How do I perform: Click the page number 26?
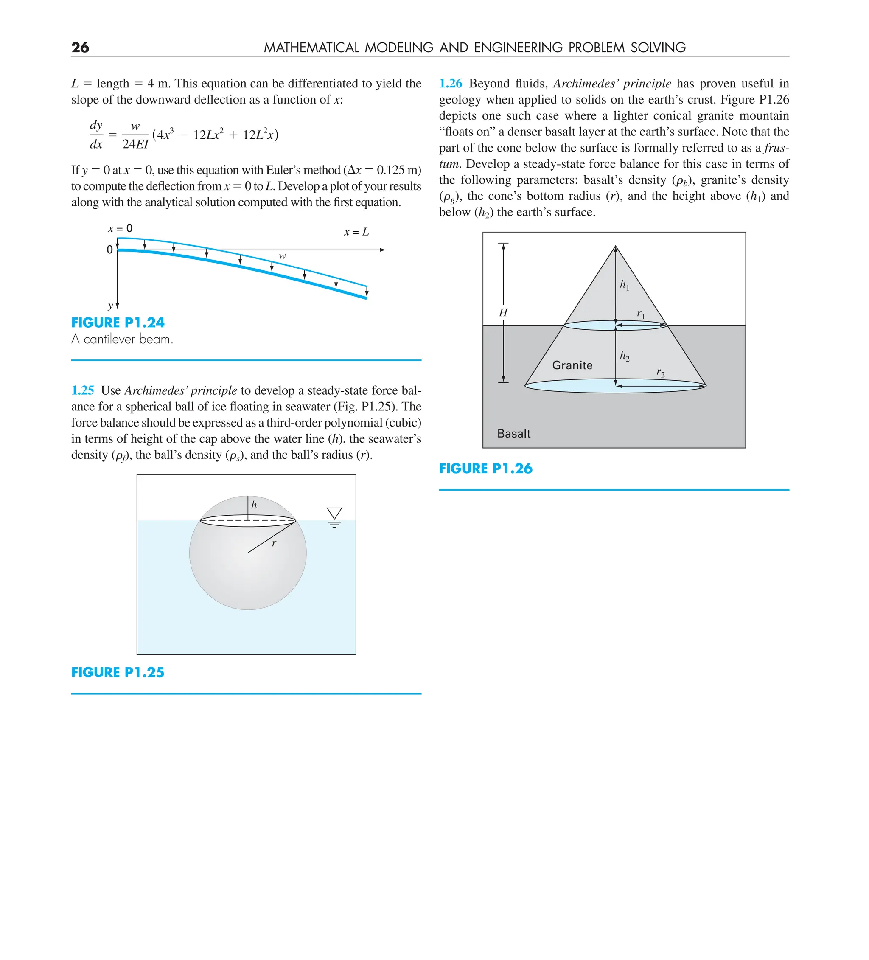(x=80, y=47)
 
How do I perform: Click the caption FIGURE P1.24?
(x=118, y=323)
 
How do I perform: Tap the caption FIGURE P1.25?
(x=118, y=672)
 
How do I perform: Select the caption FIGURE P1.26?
(x=485, y=469)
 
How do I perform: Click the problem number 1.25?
(x=82, y=390)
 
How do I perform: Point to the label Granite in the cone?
(x=572, y=365)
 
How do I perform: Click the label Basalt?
(x=513, y=433)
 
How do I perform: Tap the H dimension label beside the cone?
(x=503, y=313)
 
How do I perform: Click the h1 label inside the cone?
(x=624, y=285)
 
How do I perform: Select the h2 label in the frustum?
(x=624, y=356)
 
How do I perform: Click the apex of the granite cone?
(x=615, y=246)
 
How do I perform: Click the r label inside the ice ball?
(x=274, y=543)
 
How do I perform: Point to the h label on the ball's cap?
(x=254, y=505)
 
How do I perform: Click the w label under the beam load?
(x=282, y=256)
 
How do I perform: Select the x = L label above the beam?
(x=356, y=233)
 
